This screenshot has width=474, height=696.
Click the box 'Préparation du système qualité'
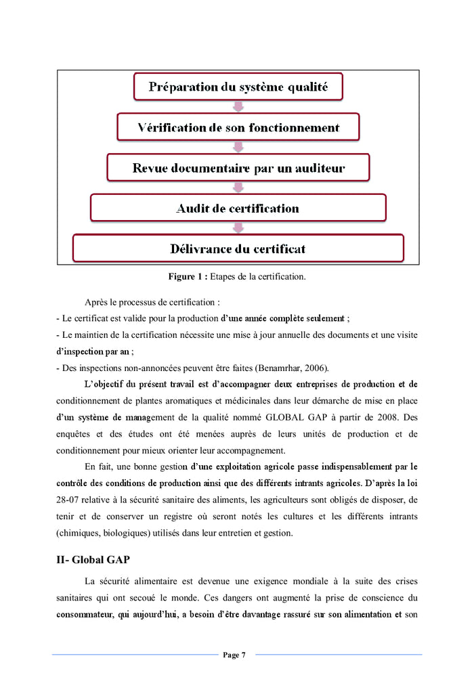pyautogui.click(x=238, y=87)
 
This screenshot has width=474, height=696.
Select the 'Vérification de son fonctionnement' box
pyautogui.click(x=238, y=127)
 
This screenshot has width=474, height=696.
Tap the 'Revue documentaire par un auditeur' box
pyautogui.click(x=238, y=168)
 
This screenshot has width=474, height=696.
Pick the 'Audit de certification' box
pyautogui.click(x=238, y=208)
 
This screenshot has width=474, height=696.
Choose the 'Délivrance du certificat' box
pyautogui.click(x=238, y=248)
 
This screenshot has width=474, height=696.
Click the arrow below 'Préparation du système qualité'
pyautogui.click(x=238, y=106)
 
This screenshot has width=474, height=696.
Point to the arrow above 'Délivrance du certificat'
pyautogui.click(x=238, y=228)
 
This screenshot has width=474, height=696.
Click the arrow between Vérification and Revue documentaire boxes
pyautogui.click(x=238, y=147)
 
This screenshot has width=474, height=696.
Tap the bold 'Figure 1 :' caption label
pyautogui.click(x=188, y=277)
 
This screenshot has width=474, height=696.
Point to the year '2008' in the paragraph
pyautogui.click(x=381, y=418)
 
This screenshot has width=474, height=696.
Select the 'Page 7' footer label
pyautogui.click(x=234, y=655)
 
